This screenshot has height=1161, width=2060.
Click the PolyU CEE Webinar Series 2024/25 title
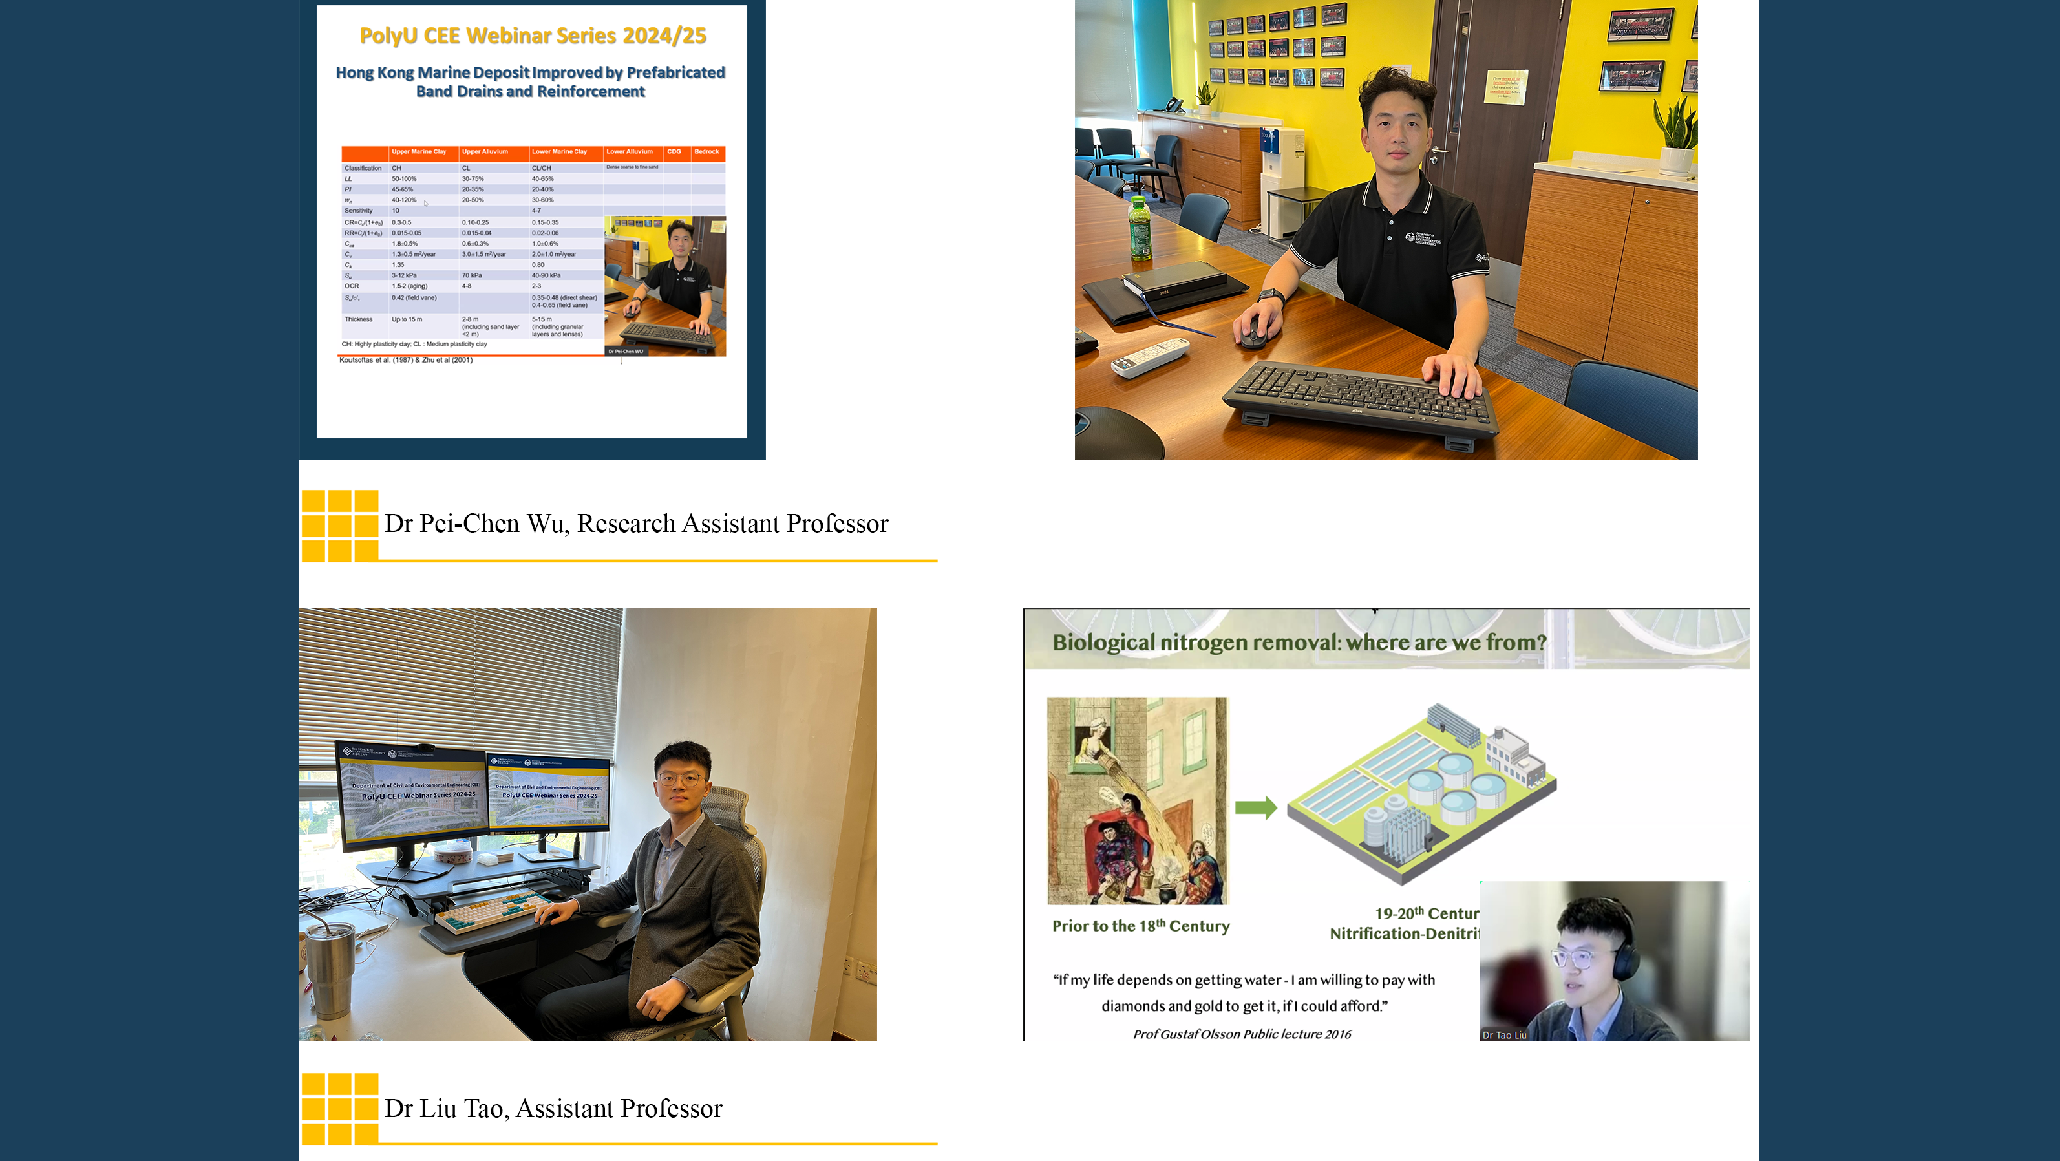[x=533, y=36]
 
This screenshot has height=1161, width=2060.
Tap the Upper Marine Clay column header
[x=418, y=151]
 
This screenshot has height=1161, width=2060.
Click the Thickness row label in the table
[x=358, y=319]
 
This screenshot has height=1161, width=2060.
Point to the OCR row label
[x=352, y=286]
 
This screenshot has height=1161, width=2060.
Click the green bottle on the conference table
[x=1140, y=230]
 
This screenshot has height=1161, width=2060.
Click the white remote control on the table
[x=1150, y=357]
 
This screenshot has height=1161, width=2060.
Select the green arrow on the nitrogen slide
[x=1255, y=807]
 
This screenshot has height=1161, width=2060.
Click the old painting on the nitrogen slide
[x=1137, y=800]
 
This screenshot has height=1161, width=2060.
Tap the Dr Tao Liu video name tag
[x=1504, y=1035]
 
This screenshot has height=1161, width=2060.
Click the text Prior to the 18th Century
[x=1140, y=926]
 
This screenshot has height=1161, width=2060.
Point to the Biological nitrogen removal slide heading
[x=1299, y=642]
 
